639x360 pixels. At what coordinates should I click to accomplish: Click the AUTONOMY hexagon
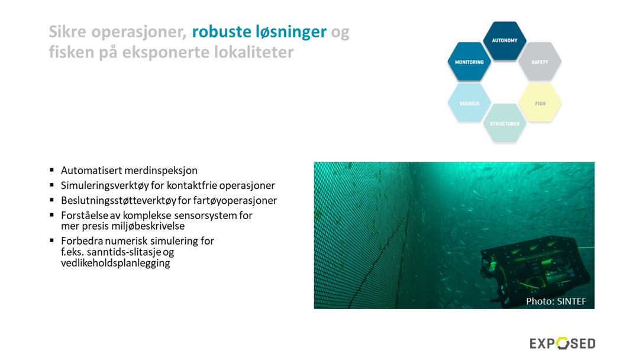point(505,41)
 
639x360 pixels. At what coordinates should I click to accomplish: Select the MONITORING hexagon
point(469,62)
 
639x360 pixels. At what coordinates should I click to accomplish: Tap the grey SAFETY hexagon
point(540,62)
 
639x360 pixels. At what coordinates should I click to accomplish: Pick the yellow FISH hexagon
point(540,103)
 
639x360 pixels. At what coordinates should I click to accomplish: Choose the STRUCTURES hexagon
point(505,124)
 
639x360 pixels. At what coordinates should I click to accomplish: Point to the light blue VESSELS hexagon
point(469,103)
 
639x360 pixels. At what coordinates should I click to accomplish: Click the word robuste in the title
point(222,31)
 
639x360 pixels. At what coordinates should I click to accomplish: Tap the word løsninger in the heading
point(291,32)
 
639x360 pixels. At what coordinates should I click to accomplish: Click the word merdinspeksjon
point(163,171)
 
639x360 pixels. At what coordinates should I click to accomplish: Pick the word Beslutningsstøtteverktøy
point(118,201)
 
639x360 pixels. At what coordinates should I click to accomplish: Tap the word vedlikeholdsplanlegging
point(115,263)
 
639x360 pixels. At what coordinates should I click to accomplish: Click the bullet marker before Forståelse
point(51,214)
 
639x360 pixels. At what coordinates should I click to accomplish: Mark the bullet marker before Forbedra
point(51,240)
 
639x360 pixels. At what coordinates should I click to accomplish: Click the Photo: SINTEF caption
point(556,301)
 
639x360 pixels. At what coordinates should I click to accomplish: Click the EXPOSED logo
point(563,343)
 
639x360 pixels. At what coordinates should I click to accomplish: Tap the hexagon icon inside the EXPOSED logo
point(563,343)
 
